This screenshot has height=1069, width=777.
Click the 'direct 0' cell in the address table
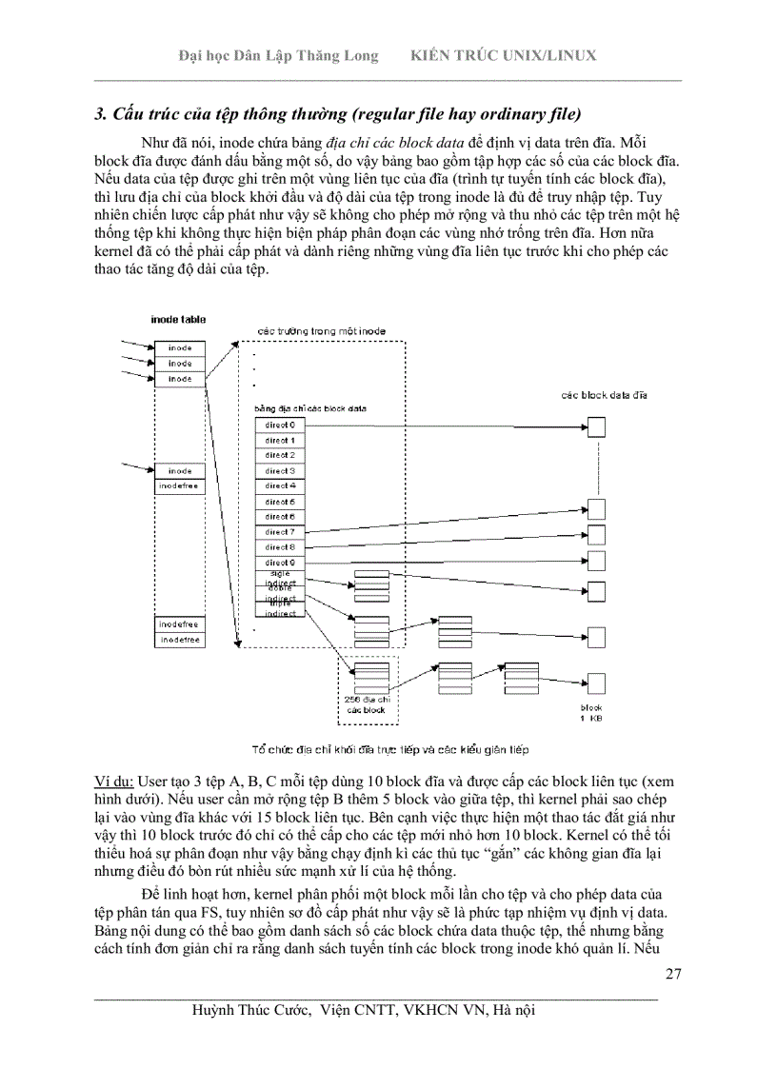coord(280,425)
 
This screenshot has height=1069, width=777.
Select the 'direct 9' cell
coord(280,563)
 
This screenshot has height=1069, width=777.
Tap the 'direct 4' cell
coord(280,485)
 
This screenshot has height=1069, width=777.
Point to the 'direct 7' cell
coord(280,531)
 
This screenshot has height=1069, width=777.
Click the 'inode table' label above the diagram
coord(178,320)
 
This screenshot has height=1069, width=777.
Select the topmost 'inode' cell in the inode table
coord(180,348)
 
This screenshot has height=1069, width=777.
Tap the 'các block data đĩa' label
coord(604,395)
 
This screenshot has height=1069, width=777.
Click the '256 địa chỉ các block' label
coord(367,704)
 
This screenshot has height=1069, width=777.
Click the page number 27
coord(672,973)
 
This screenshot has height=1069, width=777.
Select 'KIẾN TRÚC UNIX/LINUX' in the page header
coord(503,55)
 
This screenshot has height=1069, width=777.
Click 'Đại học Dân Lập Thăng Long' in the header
coord(278,55)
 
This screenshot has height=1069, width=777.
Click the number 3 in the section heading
coord(99,116)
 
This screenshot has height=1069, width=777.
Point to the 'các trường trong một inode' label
coord(322,331)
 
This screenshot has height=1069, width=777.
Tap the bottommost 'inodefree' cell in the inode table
coord(180,641)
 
